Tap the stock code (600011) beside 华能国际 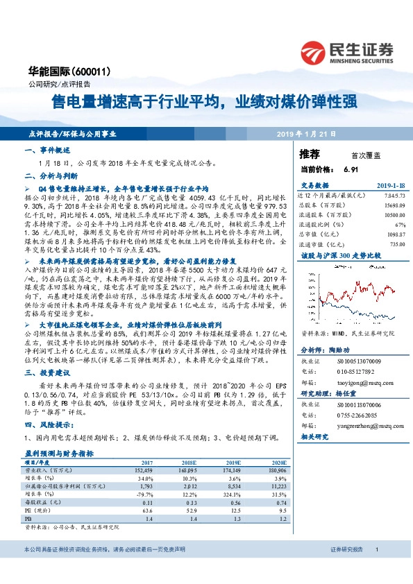coord(72,71)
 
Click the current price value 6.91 coord(350,169)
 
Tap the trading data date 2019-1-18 coord(391,186)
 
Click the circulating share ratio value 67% coord(400,225)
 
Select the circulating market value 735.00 coord(396,244)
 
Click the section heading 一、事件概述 coord(47,151)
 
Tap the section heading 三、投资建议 coord(47,372)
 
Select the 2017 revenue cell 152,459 coord(162,470)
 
